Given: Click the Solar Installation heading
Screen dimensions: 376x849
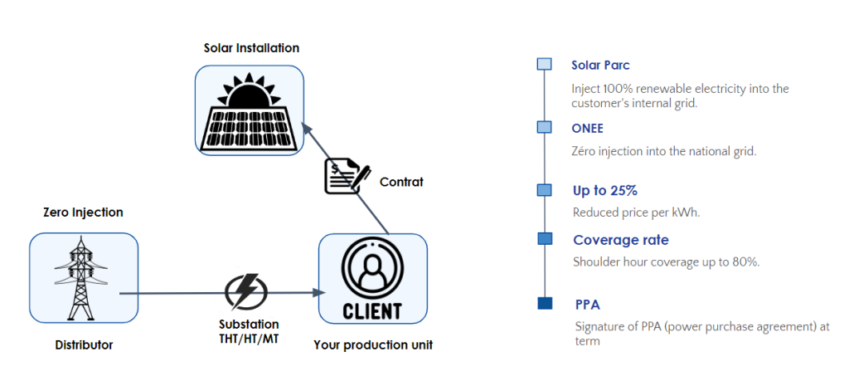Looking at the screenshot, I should tap(251, 48).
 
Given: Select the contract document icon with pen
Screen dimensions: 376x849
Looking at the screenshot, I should tap(347, 176).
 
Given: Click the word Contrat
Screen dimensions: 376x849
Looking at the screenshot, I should tap(401, 182).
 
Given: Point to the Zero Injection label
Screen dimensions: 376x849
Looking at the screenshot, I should tap(83, 212).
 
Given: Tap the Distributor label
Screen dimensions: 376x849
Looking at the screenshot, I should tap(84, 344).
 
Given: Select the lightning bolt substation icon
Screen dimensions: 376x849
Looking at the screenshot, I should tap(246, 292).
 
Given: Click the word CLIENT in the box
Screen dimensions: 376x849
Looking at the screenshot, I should tap(372, 311).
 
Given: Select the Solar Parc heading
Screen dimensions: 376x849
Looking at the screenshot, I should tap(600, 65).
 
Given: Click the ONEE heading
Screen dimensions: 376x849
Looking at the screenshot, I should tap(588, 129).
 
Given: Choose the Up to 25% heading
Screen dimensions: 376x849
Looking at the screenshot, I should tap(605, 191).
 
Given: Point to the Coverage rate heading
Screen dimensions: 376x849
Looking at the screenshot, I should tap(620, 240).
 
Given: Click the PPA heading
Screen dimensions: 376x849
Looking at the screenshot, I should tap(588, 304).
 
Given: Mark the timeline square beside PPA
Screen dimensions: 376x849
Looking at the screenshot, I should tap(545, 303).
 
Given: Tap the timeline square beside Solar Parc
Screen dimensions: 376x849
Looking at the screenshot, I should tap(545, 64).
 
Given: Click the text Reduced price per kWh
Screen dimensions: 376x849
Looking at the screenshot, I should tap(637, 212).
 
